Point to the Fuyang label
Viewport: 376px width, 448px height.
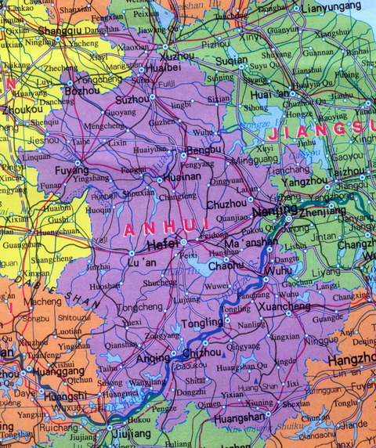(x=70, y=168)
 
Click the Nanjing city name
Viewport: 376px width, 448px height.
(x=268, y=211)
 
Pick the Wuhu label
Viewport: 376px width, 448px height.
(x=278, y=270)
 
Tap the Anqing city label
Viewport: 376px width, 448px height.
(x=152, y=359)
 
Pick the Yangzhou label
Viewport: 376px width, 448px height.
(x=298, y=180)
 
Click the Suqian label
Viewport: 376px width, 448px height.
(x=232, y=60)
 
